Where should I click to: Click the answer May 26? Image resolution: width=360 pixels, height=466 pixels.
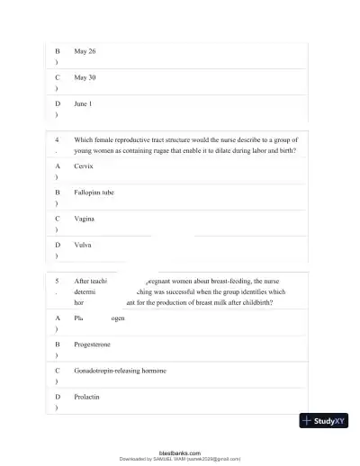click(85, 51)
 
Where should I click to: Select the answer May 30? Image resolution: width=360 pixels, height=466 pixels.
click(85, 77)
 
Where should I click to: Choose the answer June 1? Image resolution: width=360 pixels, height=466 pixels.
click(83, 103)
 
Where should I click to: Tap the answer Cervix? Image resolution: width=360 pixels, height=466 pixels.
click(83, 166)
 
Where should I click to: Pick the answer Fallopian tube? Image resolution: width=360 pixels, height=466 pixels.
click(94, 193)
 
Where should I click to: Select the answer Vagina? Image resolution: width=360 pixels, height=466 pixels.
click(85, 219)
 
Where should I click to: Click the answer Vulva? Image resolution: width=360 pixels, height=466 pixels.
click(83, 245)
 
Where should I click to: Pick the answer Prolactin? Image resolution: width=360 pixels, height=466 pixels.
click(86, 396)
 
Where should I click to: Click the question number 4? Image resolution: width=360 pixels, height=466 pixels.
click(57, 140)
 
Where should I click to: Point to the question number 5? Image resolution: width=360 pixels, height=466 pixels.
click(57, 280)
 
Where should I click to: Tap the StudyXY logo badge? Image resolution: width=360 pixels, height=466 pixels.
click(324, 420)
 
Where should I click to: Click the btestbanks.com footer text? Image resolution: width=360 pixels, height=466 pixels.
click(179, 453)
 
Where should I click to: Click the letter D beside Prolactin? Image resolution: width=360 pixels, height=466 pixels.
click(57, 396)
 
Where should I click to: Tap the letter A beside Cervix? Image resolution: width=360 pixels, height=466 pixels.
click(57, 166)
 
